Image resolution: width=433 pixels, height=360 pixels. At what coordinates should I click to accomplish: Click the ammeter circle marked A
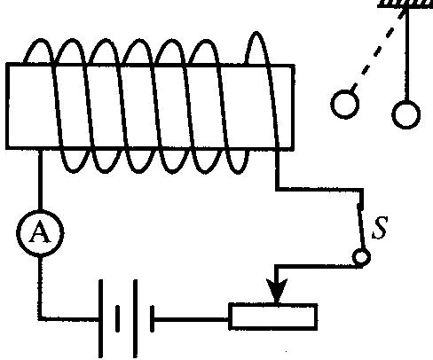(40, 233)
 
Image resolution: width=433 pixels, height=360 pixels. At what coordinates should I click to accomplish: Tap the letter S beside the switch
(380, 228)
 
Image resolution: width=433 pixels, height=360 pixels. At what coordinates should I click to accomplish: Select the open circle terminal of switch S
(361, 256)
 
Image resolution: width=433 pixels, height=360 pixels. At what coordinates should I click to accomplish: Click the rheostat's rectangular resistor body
(273, 317)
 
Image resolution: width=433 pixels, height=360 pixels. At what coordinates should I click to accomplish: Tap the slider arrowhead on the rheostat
(277, 291)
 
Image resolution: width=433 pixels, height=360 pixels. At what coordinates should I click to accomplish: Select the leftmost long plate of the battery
(100, 318)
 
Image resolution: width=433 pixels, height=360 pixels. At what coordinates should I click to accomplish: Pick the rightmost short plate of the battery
(153, 318)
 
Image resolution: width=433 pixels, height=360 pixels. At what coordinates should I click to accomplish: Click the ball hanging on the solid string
(406, 114)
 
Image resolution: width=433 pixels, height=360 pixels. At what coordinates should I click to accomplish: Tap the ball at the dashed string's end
(345, 105)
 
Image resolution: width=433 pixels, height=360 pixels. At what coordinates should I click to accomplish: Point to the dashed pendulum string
(377, 51)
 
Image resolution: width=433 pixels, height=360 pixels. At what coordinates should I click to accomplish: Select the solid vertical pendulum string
(407, 55)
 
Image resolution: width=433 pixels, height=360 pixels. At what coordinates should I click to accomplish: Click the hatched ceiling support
(405, 4)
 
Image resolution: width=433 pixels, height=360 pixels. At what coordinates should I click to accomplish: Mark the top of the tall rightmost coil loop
(256, 33)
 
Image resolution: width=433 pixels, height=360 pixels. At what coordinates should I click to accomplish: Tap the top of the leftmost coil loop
(40, 40)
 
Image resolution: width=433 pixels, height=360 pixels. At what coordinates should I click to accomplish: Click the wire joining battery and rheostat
(192, 319)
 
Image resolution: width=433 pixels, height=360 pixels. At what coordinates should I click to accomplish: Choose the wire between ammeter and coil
(40, 179)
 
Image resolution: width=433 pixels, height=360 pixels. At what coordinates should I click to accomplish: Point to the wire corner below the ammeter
(40, 318)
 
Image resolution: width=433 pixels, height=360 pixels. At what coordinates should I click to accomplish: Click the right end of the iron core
(293, 107)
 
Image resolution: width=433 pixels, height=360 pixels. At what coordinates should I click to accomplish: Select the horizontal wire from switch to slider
(318, 267)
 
